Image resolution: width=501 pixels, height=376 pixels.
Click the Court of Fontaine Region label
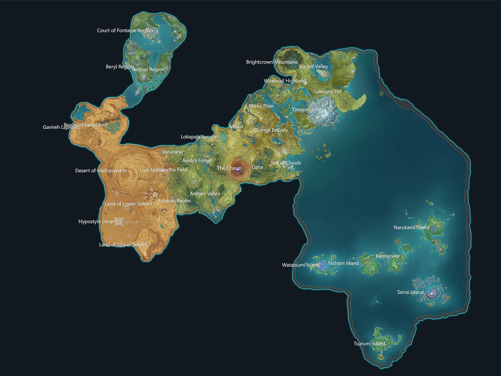click(125, 30)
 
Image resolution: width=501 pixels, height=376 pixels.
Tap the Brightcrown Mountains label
click(272, 62)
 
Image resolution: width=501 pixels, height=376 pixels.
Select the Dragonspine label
click(307, 110)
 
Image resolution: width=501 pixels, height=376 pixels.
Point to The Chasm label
click(229, 168)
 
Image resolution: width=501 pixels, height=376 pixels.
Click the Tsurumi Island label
click(369, 344)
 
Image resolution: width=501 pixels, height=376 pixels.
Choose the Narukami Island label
click(411, 227)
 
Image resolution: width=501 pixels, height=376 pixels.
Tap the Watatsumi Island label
click(300, 265)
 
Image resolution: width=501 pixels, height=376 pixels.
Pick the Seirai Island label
click(410, 292)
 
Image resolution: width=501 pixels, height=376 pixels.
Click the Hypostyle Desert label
click(97, 222)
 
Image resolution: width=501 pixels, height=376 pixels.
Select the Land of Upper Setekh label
click(123, 245)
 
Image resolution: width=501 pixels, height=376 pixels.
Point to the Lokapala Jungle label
click(198, 137)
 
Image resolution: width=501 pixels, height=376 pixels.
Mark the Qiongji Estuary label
click(271, 130)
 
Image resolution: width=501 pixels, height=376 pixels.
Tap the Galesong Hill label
click(327, 92)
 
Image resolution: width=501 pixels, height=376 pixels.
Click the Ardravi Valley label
click(205, 194)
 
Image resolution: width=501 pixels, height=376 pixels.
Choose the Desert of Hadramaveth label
click(101, 171)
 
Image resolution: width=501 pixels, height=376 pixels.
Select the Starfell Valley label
click(313, 67)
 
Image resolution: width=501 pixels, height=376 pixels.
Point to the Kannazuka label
click(387, 256)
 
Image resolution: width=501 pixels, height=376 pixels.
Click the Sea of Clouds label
click(286, 163)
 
